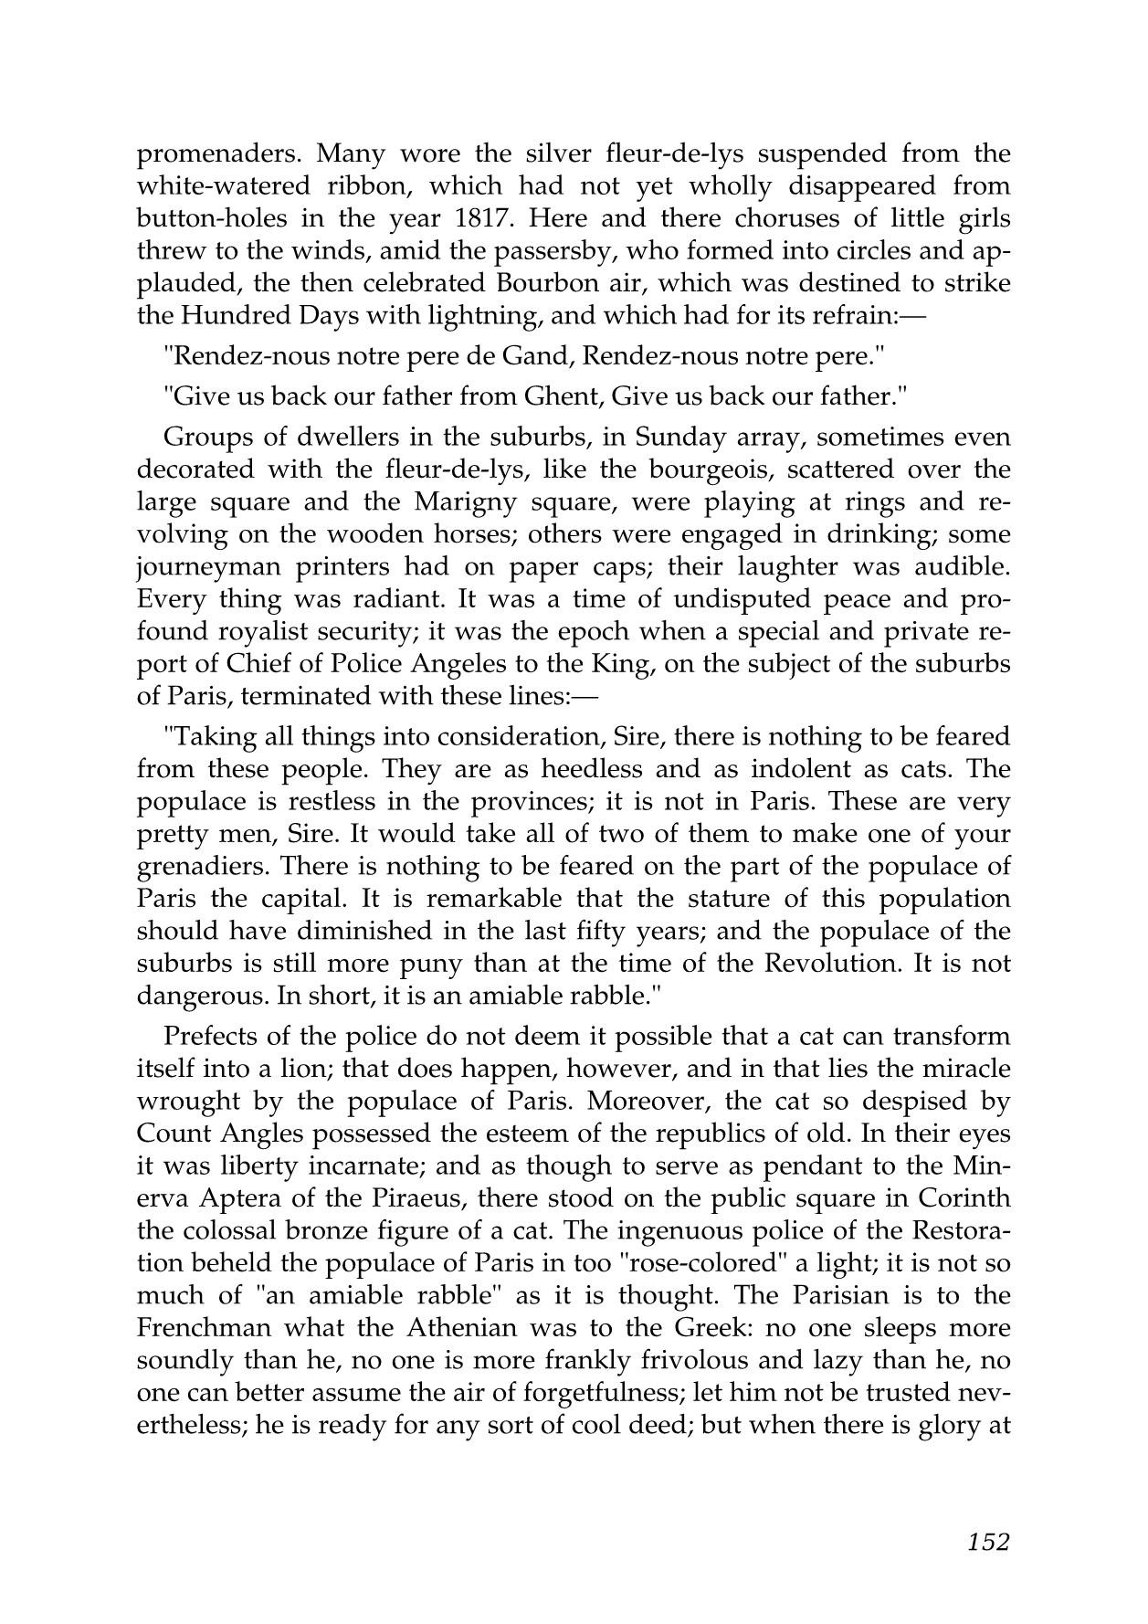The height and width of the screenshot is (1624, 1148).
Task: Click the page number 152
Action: (x=987, y=1542)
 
